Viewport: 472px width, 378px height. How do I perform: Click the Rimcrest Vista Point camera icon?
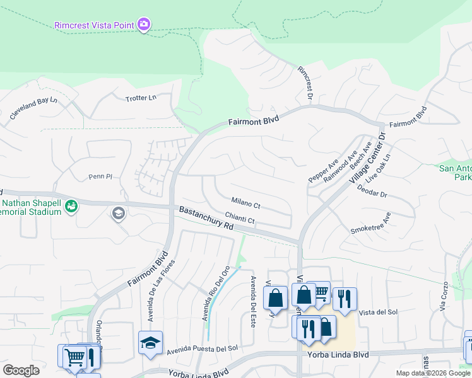click(x=144, y=24)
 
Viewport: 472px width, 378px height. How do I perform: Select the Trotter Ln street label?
click(x=141, y=98)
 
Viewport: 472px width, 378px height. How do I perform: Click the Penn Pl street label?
click(x=100, y=177)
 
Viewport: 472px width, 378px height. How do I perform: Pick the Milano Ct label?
click(x=245, y=204)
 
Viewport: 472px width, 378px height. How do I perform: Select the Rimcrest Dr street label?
click(x=305, y=83)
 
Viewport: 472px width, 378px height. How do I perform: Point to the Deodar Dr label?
click(x=372, y=190)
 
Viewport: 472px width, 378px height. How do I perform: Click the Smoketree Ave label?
click(x=371, y=223)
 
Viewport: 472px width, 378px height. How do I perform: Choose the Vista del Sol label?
click(x=378, y=312)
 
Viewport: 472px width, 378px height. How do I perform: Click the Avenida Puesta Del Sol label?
click(x=202, y=348)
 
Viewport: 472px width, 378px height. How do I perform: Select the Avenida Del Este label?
click(x=252, y=292)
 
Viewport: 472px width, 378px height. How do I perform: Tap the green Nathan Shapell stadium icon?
click(x=71, y=206)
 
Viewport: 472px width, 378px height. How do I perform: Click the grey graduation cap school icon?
click(x=117, y=214)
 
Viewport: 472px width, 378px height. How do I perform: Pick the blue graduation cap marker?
click(x=150, y=342)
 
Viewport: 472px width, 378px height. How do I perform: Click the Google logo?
click(x=21, y=370)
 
